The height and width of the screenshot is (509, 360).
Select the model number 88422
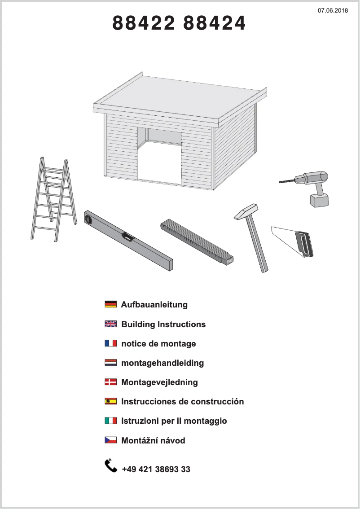tap(143, 23)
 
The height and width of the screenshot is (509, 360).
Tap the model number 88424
tap(215, 23)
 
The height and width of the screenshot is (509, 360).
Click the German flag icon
tap(110, 304)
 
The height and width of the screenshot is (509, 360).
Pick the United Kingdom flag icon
tap(110, 324)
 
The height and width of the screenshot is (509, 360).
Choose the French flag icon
tap(110, 343)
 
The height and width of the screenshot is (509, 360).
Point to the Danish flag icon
tap(110, 382)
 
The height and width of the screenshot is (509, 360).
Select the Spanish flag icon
tap(110, 401)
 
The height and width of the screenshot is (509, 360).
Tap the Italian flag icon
tap(110, 421)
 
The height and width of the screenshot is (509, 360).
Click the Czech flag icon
tap(110, 440)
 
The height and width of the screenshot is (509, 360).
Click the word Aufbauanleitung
tap(154, 305)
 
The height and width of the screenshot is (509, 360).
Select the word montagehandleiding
tap(162, 363)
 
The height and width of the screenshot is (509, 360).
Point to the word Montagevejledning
tap(159, 382)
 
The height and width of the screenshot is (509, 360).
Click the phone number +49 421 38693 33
tap(156, 470)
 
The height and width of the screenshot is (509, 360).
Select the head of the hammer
tap(246, 211)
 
